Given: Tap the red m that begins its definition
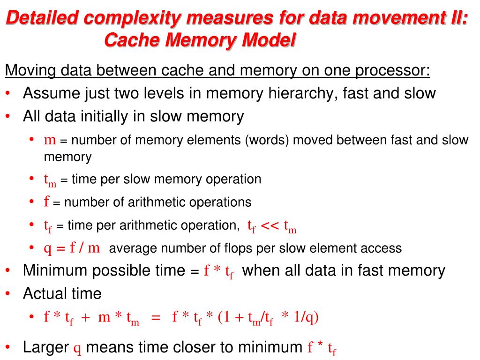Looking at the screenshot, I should click(50, 140).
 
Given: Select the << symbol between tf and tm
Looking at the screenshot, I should click(270, 225).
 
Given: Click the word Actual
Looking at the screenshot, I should click(45, 294).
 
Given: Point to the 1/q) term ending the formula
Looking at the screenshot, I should click(305, 317).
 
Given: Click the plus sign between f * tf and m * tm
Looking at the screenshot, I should click(86, 318).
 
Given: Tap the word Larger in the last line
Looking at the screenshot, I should click(46, 347).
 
